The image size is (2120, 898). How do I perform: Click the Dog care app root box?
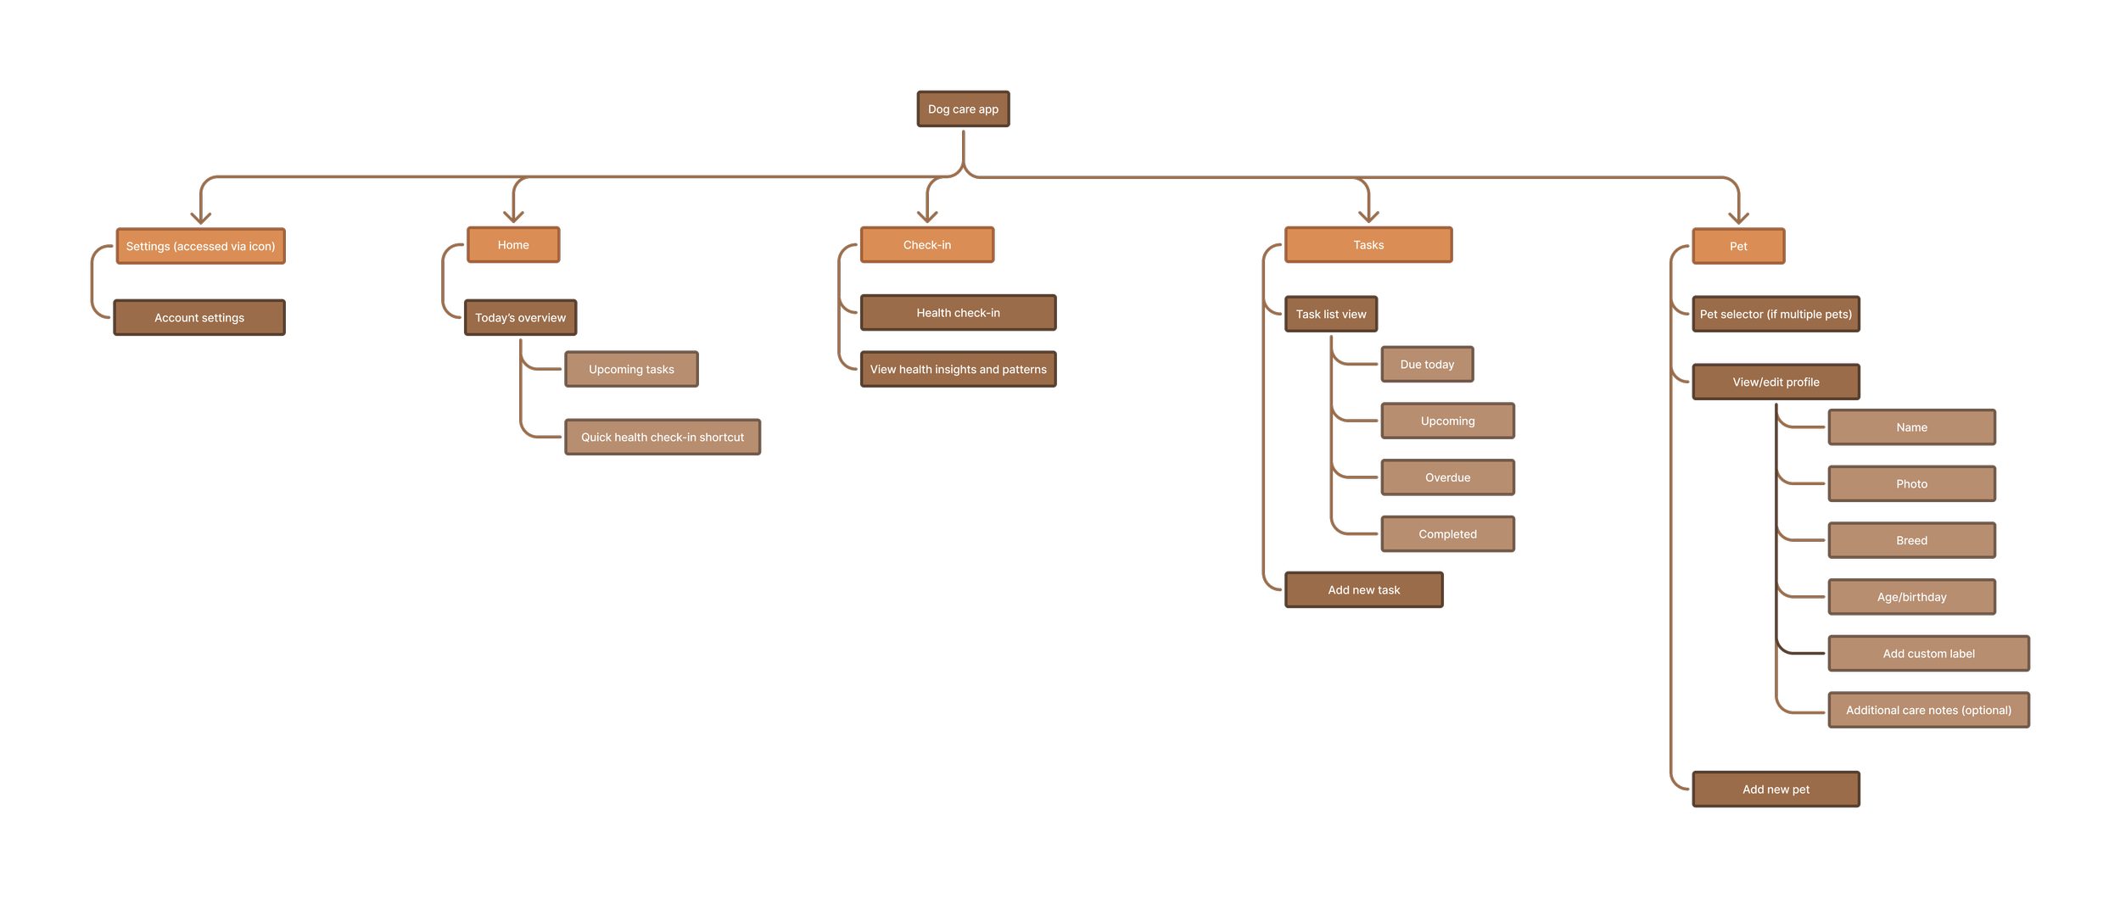(x=963, y=109)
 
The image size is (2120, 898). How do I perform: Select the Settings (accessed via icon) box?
(x=200, y=247)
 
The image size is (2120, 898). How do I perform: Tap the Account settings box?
(x=199, y=318)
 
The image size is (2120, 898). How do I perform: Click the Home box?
(x=513, y=245)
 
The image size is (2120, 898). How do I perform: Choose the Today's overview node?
(x=520, y=318)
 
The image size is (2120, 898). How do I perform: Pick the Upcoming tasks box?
(x=631, y=370)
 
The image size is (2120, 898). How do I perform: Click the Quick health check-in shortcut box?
(x=662, y=438)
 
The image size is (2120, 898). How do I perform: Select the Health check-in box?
(x=958, y=313)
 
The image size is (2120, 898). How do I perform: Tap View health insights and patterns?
(x=958, y=370)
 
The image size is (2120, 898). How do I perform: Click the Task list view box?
(x=1330, y=315)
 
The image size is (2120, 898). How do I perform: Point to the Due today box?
(x=1427, y=365)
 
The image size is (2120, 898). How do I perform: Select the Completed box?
(x=1447, y=534)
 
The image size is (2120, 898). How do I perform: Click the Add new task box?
(x=1363, y=590)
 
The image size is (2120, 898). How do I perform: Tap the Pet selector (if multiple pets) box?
(x=1776, y=315)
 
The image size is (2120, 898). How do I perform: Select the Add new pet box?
(x=1776, y=789)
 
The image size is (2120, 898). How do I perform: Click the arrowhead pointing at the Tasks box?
(x=1368, y=217)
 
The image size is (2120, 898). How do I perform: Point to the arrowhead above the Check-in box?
(x=927, y=217)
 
